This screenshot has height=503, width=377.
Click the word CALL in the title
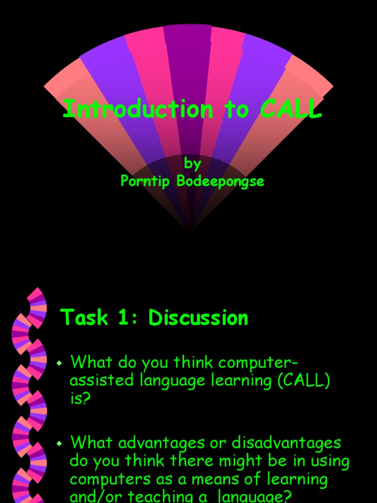pos(291,109)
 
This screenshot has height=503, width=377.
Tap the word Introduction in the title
pos(138,109)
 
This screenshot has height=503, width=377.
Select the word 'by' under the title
pos(192,163)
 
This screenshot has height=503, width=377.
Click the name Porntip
pos(146,181)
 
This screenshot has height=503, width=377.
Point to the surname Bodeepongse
pos(220,181)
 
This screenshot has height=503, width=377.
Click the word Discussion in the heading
pos(198,318)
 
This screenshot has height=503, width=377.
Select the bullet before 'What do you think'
pos(59,363)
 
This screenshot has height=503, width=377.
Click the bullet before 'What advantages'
pos(59,444)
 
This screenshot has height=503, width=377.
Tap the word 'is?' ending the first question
pos(81,398)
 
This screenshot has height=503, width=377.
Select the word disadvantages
pos(286,443)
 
